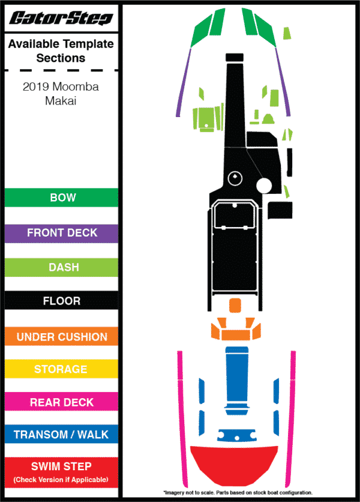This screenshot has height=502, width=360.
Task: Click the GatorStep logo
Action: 61,18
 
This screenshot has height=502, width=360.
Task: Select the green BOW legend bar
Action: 61,198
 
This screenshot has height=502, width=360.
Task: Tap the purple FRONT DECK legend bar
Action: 61,233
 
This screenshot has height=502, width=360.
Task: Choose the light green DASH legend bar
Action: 61,267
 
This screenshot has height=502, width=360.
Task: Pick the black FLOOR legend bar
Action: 61,300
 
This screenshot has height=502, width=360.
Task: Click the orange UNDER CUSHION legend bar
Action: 61,336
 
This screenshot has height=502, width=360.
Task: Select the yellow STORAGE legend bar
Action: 61,369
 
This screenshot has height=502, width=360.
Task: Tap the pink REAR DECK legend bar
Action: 61,402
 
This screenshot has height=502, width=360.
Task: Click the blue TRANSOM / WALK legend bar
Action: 61,434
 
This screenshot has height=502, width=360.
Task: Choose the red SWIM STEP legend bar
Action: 61,473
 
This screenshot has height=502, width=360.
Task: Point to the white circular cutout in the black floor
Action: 264,186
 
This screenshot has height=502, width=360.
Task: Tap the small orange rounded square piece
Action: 235,306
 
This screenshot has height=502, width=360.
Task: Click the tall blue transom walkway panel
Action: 237,380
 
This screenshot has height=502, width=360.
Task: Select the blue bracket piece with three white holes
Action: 237,435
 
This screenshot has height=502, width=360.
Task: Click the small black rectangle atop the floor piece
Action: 235,57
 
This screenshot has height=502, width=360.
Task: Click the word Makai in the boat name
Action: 61,101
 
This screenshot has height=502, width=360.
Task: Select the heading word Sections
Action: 61,58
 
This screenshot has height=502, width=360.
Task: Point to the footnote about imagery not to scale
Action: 238,492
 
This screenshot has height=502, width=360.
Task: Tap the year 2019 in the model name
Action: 35,86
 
